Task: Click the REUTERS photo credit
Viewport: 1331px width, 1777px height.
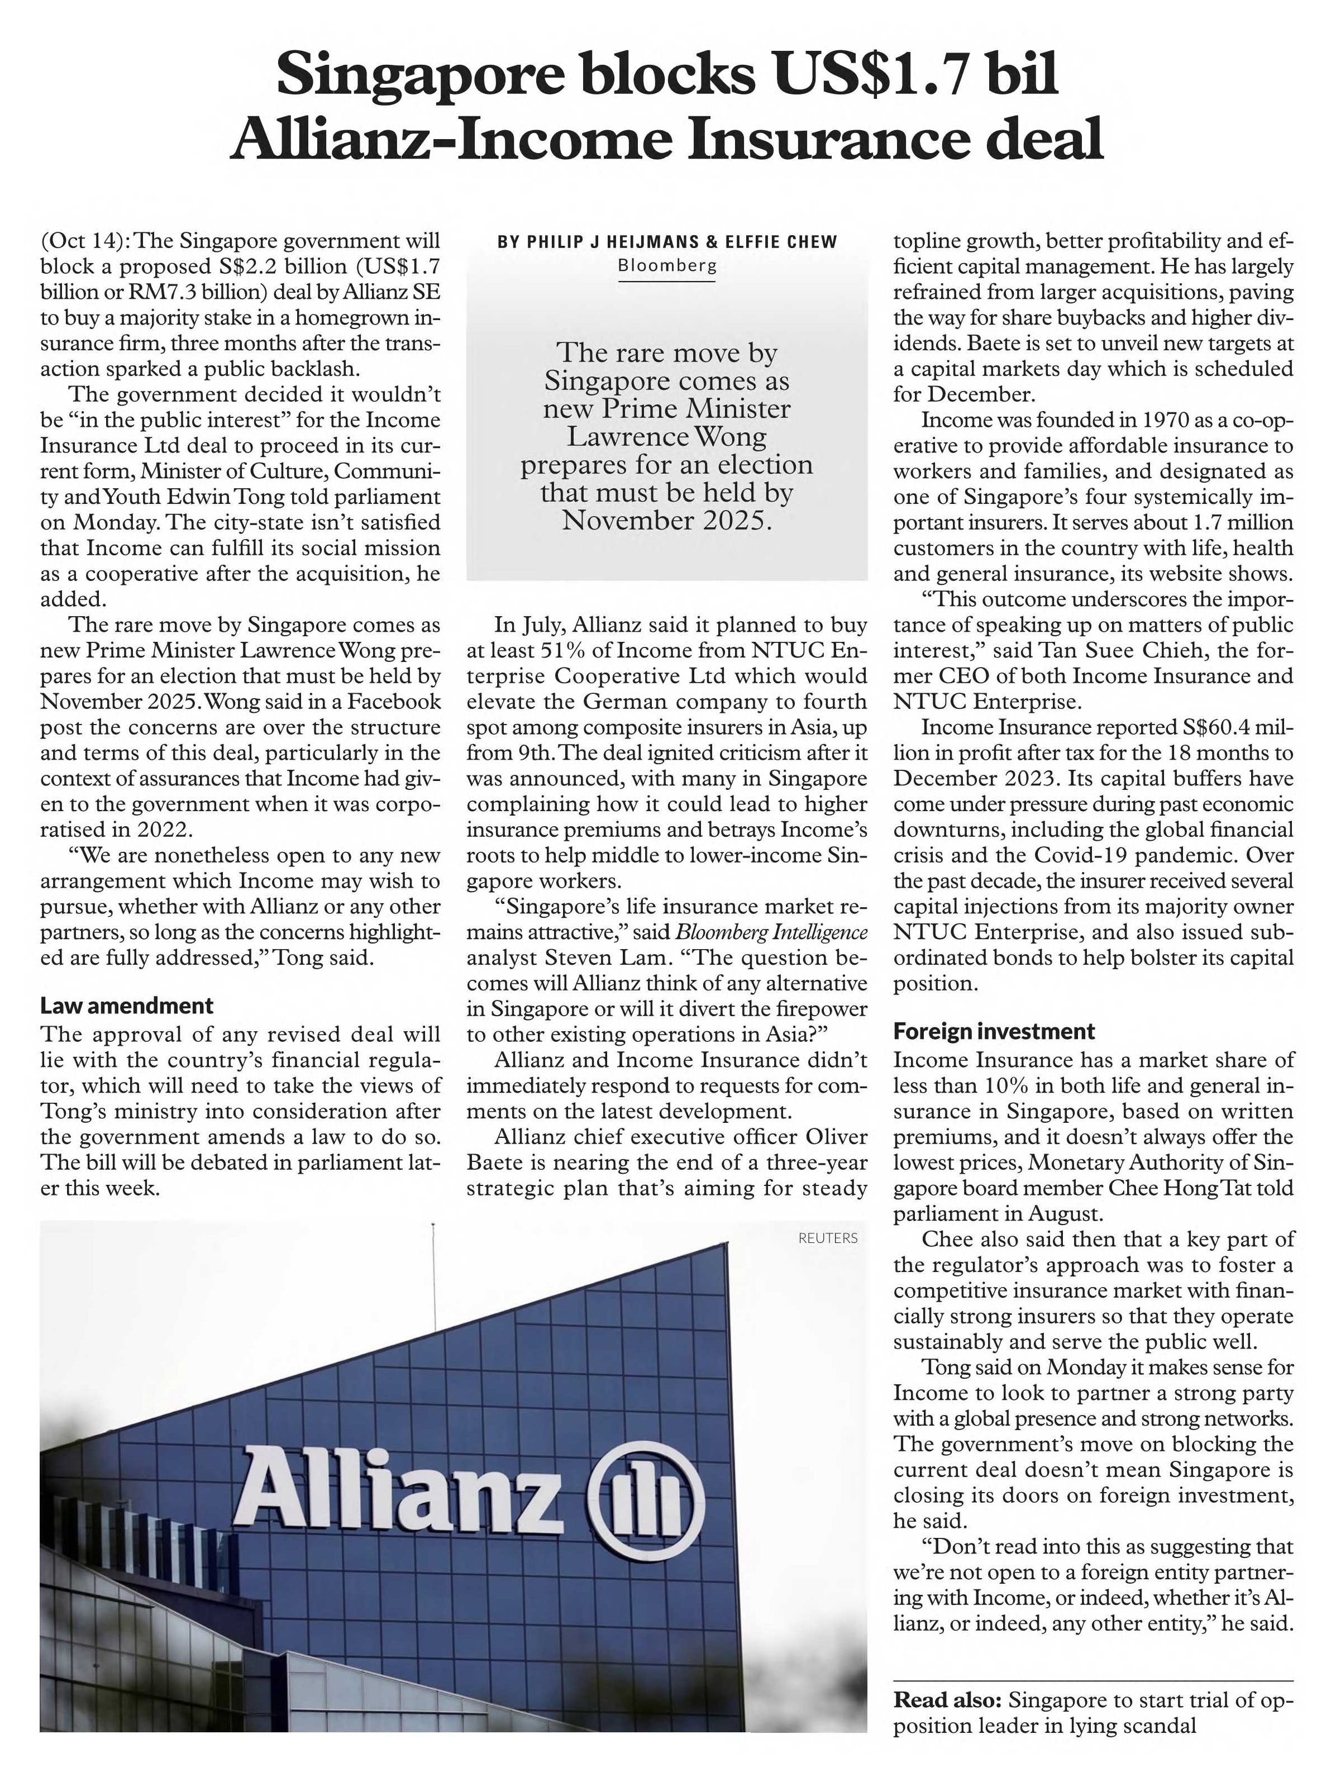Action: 827,1238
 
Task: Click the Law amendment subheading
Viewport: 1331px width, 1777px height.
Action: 127,1006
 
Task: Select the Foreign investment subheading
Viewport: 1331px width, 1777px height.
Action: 994,1031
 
